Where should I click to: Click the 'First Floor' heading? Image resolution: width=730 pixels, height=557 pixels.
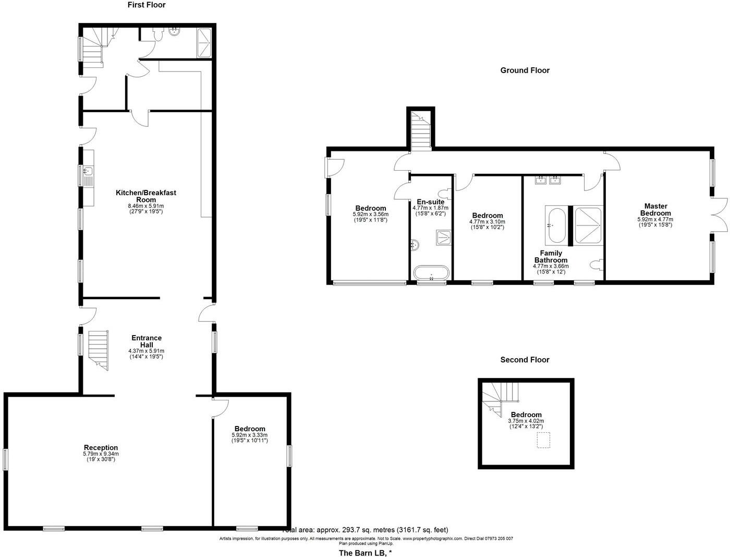coord(147,5)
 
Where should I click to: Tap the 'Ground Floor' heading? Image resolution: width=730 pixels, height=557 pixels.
coord(525,70)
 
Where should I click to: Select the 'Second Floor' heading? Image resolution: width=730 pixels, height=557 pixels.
coord(525,360)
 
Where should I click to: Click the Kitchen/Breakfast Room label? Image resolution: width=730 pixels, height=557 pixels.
coord(146,196)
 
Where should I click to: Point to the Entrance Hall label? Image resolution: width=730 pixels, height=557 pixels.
coord(146,341)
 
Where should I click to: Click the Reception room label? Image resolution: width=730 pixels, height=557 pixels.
coord(101,447)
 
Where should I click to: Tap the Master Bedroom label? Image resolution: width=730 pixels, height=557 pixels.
coord(655,209)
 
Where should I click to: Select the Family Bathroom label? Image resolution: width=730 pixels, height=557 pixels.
coord(551,256)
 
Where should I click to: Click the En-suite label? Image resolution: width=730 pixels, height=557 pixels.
coord(431,202)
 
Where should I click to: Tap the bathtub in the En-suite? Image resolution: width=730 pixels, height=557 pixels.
coord(431,272)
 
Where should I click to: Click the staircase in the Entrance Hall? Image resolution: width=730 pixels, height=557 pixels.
coord(98,350)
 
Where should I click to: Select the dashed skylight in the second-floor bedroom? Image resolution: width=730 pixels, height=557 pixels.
coord(544,440)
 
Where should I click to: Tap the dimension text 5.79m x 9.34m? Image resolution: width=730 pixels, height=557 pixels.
coord(101,454)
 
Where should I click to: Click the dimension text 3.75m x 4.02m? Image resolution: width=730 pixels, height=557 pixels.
coord(526,421)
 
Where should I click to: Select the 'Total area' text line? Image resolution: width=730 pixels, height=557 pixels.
coord(365,530)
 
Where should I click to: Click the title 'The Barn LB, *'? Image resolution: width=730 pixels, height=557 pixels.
coord(365,553)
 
